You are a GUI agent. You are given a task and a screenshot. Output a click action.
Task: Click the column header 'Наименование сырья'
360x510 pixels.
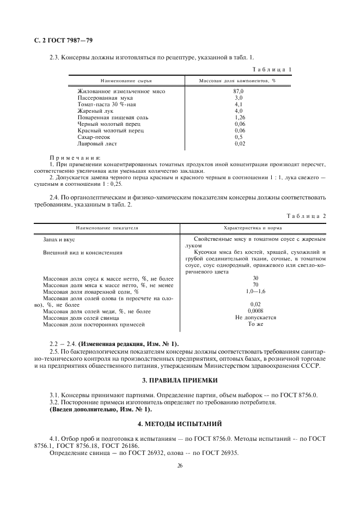point(106,81)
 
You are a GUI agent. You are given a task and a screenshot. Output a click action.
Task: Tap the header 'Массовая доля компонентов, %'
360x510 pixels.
point(237,81)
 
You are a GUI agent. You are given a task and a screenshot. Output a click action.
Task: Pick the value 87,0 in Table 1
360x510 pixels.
point(239,91)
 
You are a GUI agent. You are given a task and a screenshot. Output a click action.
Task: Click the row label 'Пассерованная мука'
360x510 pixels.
point(102,98)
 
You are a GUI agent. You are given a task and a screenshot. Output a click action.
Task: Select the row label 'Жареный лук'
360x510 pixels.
point(94,111)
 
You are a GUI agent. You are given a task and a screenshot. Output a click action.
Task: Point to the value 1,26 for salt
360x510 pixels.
point(239,117)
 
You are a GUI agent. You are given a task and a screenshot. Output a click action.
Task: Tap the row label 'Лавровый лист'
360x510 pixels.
point(96,143)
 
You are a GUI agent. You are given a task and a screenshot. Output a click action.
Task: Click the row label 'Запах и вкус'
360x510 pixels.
point(59,239)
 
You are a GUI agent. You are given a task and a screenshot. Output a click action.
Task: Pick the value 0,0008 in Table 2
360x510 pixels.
point(255,311)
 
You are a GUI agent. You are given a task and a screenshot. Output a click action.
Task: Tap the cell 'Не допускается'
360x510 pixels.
point(255,317)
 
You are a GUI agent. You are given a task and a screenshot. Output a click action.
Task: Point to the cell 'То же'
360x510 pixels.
point(255,324)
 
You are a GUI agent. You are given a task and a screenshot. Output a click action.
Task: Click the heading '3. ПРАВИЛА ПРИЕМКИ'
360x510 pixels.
point(180,379)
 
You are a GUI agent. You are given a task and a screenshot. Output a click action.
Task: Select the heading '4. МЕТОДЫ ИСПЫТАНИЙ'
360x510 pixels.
point(180,423)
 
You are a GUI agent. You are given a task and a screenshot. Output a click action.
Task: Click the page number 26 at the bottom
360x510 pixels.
point(180,466)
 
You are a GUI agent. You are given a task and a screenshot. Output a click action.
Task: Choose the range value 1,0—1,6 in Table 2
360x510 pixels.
point(255,292)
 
